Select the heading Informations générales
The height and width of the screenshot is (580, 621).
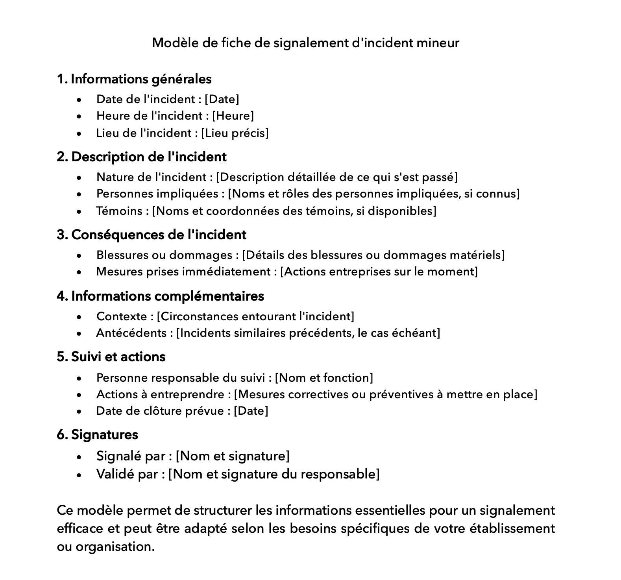[141, 79]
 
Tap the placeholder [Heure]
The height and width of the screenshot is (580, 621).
[233, 116]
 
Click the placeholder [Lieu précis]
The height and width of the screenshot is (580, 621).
[235, 133]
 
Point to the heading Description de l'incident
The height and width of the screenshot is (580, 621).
[148, 157]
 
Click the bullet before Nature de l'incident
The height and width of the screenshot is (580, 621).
[79, 178]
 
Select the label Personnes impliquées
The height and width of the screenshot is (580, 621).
[157, 194]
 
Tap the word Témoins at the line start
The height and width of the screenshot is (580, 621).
[119, 211]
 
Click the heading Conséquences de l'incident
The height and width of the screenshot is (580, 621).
[159, 235]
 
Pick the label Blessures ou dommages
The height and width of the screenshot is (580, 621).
[164, 255]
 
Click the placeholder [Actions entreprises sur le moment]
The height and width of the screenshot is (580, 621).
[379, 272]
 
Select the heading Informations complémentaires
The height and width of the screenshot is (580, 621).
[167, 296]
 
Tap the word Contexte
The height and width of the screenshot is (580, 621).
[122, 316]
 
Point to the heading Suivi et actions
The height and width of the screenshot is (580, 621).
[118, 356]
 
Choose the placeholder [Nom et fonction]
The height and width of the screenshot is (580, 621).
[323, 378]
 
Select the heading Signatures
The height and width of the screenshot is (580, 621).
[104, 434]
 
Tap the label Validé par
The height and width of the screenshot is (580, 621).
[127, 474]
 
